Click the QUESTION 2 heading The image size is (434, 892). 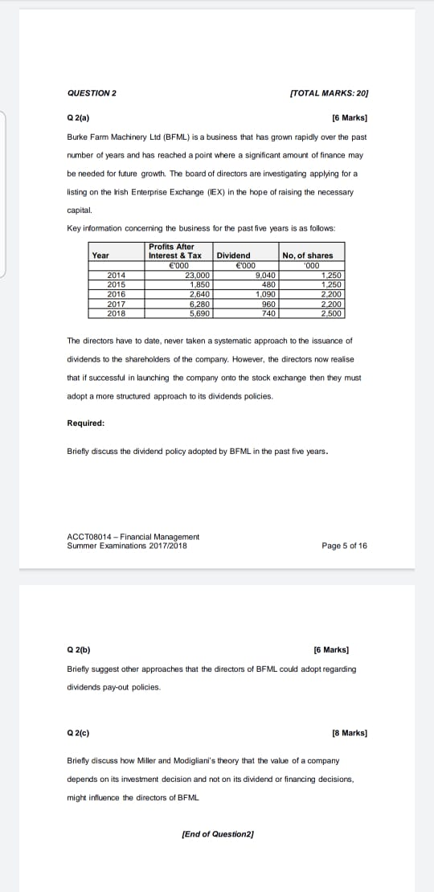[x=92, y=94]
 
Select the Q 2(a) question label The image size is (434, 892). [x=78, y=118]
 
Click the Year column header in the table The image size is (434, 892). [x=100, y=256]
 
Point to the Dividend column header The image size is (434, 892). [x=234, y=256]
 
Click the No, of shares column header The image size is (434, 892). [x=307, y=256]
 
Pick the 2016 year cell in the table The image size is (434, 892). [x=117, y=293]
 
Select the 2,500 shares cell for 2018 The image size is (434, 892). [x=330, y=313]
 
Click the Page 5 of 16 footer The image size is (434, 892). [x=344, y=546]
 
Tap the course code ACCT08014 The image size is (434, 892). [x=91, y=537]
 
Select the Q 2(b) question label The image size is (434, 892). [x=79, y=649]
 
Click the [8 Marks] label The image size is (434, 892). [x=350, y=733]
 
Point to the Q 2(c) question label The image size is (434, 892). [x=79, y=733]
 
